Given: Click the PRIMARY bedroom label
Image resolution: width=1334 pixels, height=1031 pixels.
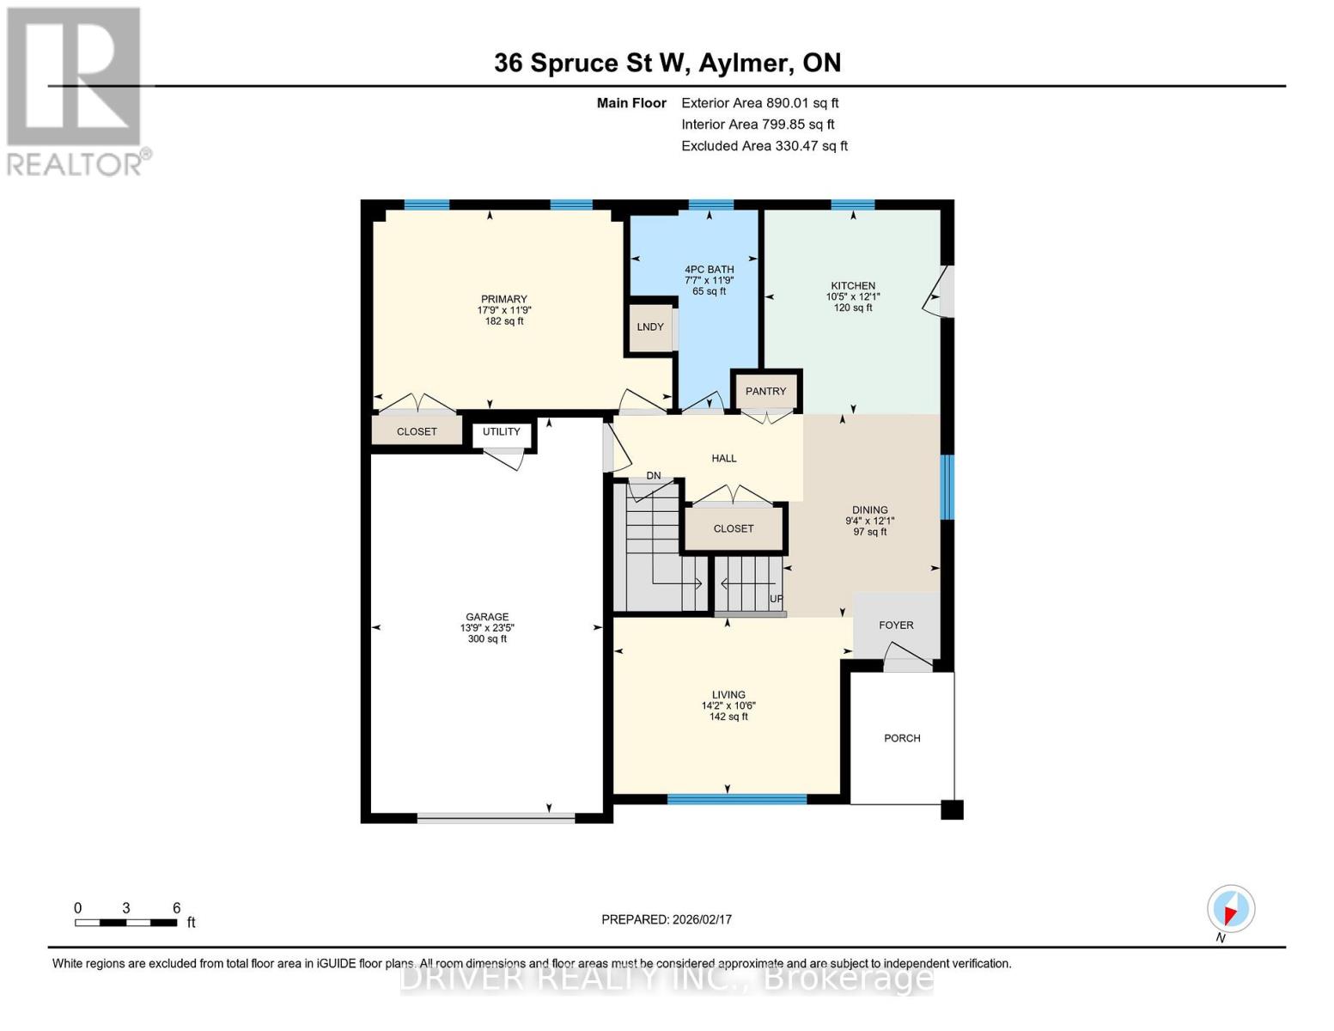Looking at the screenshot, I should click(503, 300).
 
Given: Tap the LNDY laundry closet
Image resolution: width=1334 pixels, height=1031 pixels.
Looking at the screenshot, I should click(650, 327).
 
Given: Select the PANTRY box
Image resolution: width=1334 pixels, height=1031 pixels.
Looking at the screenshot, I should click(765, 392).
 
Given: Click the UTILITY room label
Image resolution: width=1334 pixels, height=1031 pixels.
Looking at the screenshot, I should click(502, 432).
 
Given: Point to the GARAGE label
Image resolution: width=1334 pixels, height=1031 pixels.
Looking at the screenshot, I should click(487, 617).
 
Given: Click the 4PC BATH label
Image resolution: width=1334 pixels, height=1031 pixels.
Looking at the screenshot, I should click(709, 270).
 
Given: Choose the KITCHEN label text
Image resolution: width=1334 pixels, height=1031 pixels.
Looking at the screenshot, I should click(852, 286).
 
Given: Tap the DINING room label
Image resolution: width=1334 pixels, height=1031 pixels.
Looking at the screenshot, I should click(869, 510).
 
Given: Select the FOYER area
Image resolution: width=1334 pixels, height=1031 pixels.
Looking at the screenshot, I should click(896, 625).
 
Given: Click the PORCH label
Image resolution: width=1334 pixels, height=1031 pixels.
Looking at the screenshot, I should click(902, 738).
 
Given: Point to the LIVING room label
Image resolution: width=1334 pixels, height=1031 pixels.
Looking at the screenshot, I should click(728, 695).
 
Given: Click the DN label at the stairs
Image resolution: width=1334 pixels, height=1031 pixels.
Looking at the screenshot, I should click(654, 476).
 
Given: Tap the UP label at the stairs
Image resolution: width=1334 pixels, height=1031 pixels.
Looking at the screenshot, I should click(776, 599).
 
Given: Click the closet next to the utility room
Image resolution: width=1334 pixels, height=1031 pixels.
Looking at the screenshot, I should click(417, 431).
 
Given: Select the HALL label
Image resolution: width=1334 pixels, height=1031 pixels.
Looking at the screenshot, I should click(724, 459).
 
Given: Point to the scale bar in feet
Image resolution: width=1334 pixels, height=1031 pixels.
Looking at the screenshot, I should click(126, 922).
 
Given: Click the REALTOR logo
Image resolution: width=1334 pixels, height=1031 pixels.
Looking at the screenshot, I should click(76, 90).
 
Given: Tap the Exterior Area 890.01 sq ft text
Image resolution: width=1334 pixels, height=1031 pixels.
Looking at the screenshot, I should click(759, 103).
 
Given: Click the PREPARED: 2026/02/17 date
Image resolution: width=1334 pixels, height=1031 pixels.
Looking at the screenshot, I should click(667, 919).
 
